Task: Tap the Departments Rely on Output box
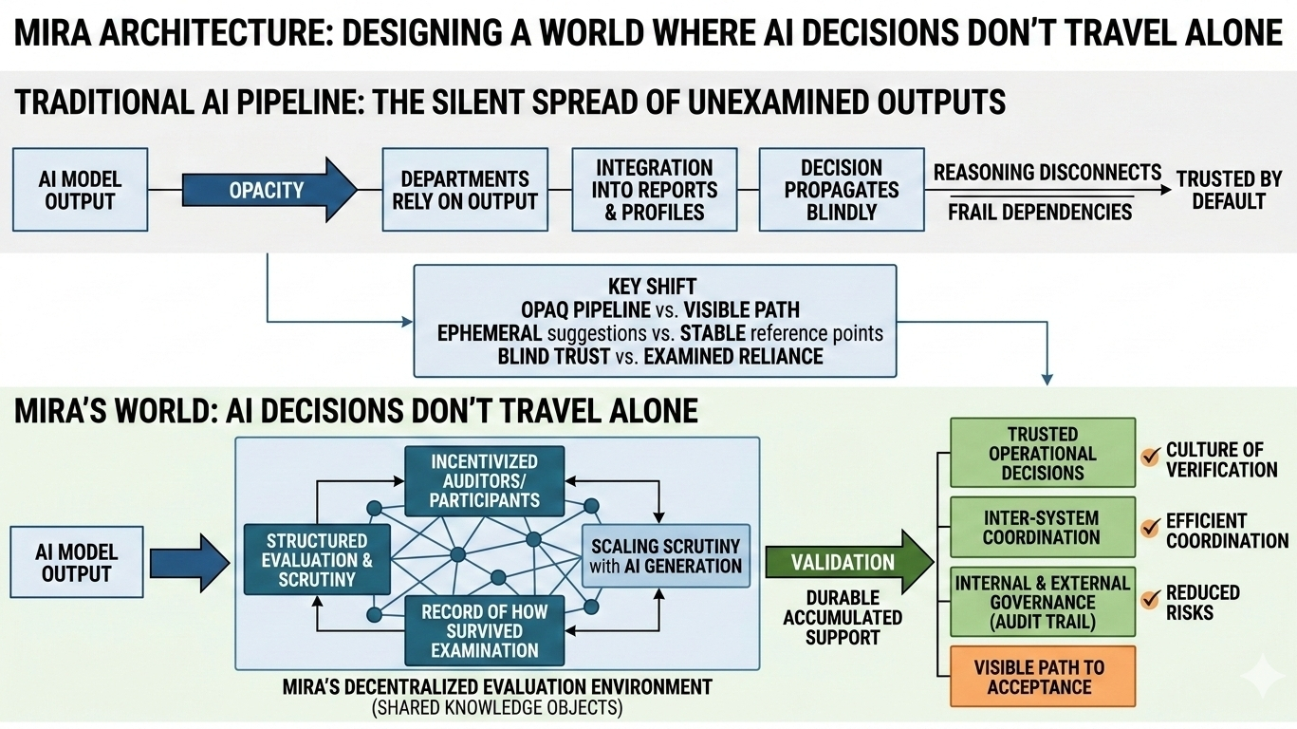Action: pyautogui.click(x=464, y=190)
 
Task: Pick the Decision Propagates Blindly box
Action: pyautogui.click(x=841, y=190)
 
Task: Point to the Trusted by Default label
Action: pyautogui.click(x=1229, y=189)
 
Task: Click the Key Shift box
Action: pyautogui.click(x=655, y=321)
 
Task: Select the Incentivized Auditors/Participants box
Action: pyautogui.click(x=484, y=480)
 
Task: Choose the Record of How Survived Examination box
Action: pyautogui.click(x=484, y=631)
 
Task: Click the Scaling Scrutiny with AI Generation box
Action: pyautogui.click(x=665, y=556)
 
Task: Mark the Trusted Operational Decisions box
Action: pyautogui.click(x=1042, y=454)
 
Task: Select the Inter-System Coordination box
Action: pyautogui.click(x=1042, y=528)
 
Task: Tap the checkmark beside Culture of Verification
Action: pyautogui.click(x=1150, y=458)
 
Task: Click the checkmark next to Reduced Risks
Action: pyautogui.click(x=1150, y=599)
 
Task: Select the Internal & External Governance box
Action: pyautogui.click(x=1042, y=602)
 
